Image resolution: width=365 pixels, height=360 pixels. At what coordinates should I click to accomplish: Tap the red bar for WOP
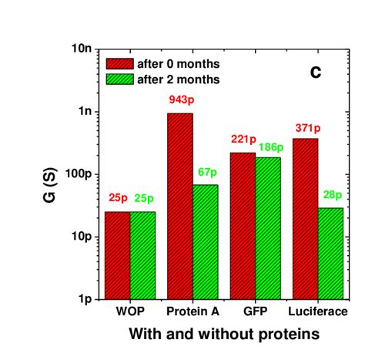pyautogui.click(x=117, y=254)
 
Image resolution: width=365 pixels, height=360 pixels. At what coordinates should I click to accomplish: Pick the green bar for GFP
pyautogui.click(x=267, y=227)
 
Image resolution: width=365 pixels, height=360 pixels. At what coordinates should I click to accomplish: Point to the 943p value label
pyautogui.click(x=180, y=100)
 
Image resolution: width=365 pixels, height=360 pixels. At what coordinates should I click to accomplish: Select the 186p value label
pyautogui.click(x=270, y=146)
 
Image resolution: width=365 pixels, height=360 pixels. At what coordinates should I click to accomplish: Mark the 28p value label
pyautogui.click(x=331, y=194)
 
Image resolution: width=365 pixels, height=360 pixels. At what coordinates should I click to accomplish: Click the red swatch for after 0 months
pyautogui.click(x=119, y=63)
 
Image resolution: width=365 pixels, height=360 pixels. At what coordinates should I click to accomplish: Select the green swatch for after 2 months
pyautogui.click(x=119, y=79)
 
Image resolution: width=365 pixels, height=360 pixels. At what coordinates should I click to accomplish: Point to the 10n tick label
pyautogui.click(x=81, y=49)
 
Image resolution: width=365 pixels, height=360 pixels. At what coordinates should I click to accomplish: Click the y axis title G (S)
pyautogui.click(x=49, y=173)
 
